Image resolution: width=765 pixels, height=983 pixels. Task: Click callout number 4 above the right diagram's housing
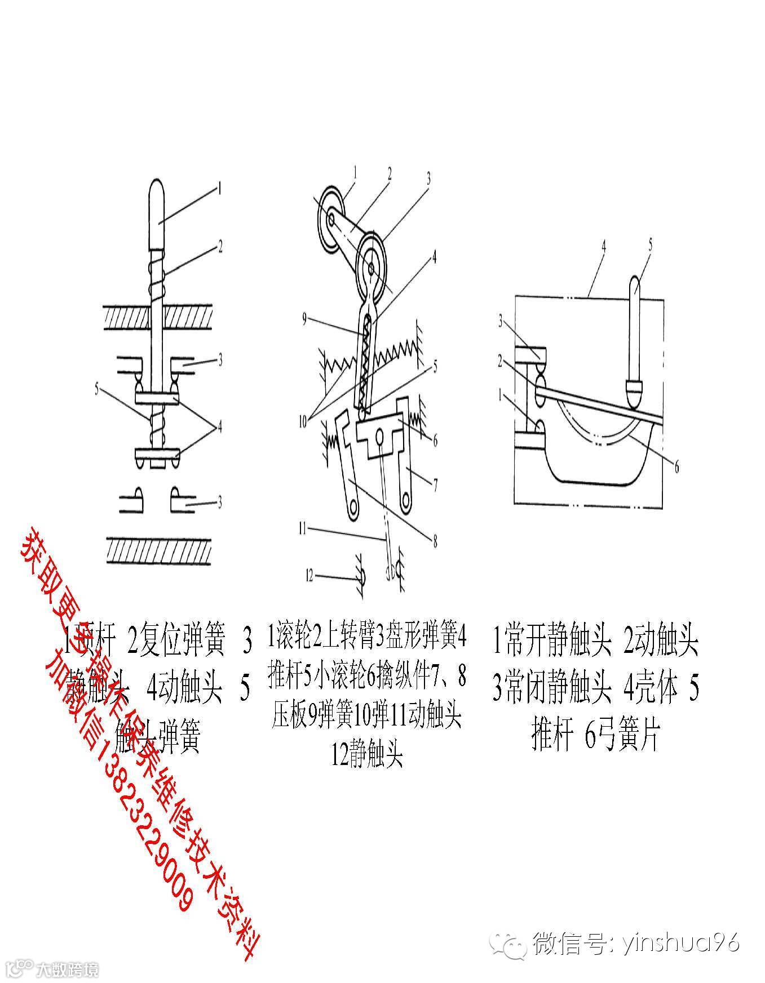pos(603,246)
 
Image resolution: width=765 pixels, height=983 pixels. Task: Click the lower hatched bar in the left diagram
pos(158,550)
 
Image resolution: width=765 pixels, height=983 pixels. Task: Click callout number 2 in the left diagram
pos(220,246)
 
